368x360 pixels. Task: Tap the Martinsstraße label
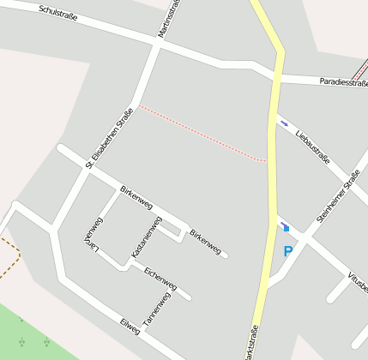click(168, 18)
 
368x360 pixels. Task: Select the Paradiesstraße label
click(342, 82)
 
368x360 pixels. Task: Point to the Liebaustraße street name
click(312, 144)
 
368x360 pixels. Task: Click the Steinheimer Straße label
click(338, 195)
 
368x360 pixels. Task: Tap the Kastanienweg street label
click(146, 237)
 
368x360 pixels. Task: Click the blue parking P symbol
click(287, 252)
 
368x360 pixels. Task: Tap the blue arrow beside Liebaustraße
click(283, 123)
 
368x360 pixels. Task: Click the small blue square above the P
click(287, 228)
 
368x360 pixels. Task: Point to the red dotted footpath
click(202, 133)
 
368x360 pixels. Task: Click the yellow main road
click(273, 171)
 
